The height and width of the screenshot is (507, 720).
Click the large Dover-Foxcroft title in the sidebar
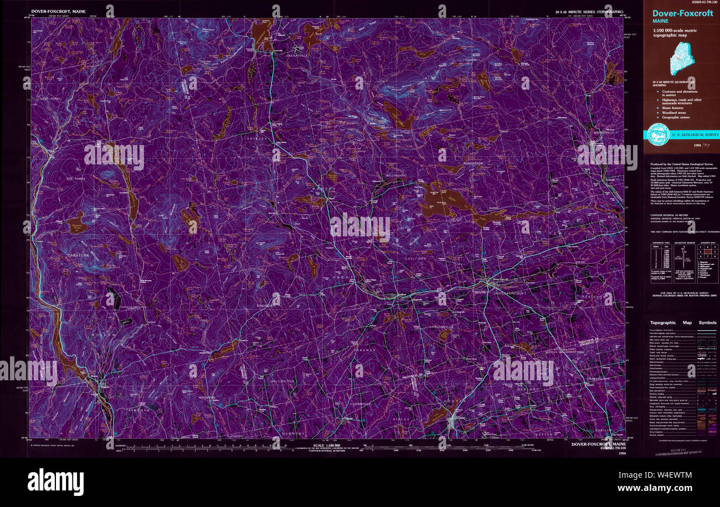click(x=682, y=14)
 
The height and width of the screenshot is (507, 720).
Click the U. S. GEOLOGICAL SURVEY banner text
click(x=695, y=134)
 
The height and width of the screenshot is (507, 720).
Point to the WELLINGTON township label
click(x=284, y=381)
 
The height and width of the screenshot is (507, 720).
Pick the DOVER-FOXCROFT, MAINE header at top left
click(x=58, y=11)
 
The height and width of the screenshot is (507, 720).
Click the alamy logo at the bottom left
click(x=55, y=482)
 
